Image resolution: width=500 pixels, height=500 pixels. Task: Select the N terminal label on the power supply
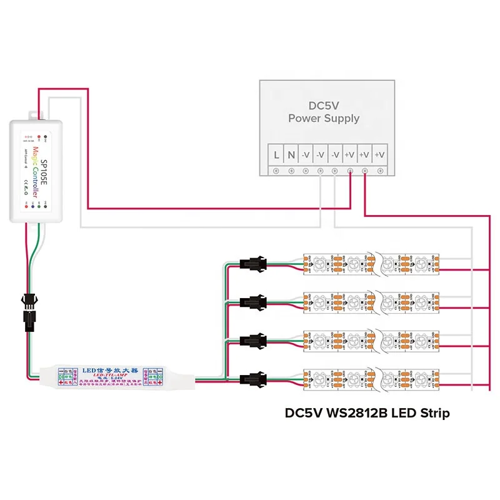click(x=291, y=154)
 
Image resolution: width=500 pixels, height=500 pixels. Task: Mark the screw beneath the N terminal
click(x=291, y=170)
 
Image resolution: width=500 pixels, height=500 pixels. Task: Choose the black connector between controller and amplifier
click(x=29, y=312)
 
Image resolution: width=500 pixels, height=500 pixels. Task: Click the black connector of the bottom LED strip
click(x=253, y=378)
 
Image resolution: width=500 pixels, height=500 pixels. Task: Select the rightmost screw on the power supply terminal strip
click(x=381, y=170)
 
